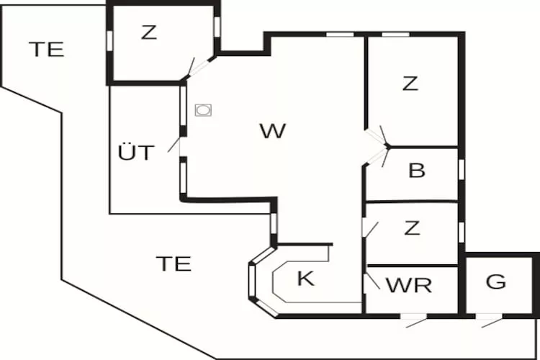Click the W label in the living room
pyautogui.click(x=273, y=131)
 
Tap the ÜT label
pyautogui.click(x=135, y=153)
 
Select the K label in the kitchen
pyautogui.click(x=306, y=279)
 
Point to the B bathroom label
pyautogui.click(x=416, y=171)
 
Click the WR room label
pyautogui.click(x=409, y=284)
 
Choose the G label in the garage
pyautogui.click(x=496, y=282)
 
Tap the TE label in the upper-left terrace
pyautogui.click(x=47, y=49)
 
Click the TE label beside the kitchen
pyautogui.click(x=174, y=264)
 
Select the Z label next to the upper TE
pyautogui.click(x=149, y=32)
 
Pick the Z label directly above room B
pyautogui.click(x=410, y=84)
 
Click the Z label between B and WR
pyautogui.click(x=411, y=228)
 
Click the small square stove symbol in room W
pyautogui.click(x=204, y=110)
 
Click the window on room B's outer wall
pyautogui.click(x=461, y=168)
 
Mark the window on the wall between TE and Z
pyautogui.click(x=110, y=40)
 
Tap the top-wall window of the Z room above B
pyautogui.click(x=395, y=34)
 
